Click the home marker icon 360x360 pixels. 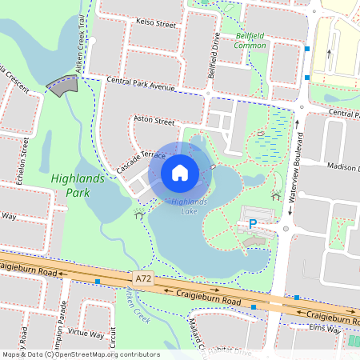180,172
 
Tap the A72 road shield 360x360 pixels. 143,278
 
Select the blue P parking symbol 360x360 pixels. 253,225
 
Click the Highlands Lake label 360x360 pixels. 188,205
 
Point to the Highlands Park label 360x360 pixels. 76,186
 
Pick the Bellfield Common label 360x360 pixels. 250,41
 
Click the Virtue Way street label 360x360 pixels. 86,333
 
